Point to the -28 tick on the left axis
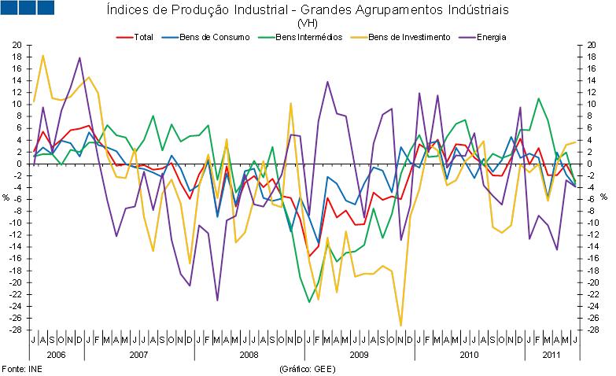tap(16, 330)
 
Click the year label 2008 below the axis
tap(248, 355)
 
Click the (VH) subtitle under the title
tap(308, 24)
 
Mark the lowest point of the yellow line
tap(400, 325)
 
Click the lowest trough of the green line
tap(309, 301)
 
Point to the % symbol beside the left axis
tap(6, 197)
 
